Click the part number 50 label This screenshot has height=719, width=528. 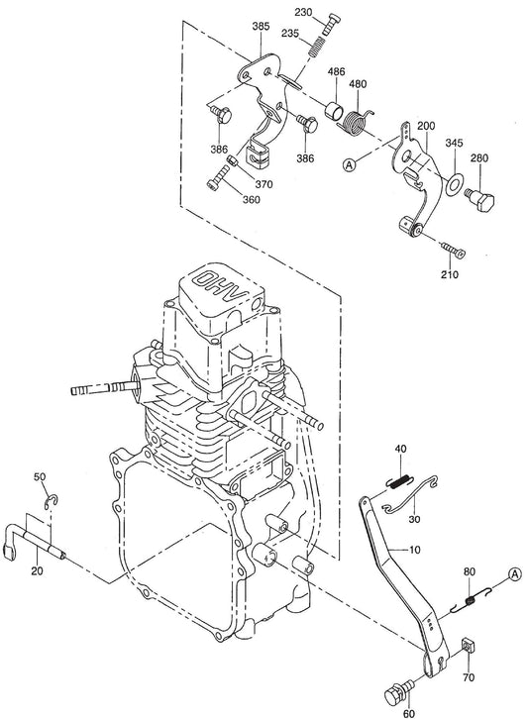coord(41,477)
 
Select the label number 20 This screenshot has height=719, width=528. coord(37,569)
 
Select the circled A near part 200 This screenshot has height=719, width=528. coord(349,166)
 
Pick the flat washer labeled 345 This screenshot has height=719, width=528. coord(454,182)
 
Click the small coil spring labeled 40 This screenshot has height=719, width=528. coord(398,482)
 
